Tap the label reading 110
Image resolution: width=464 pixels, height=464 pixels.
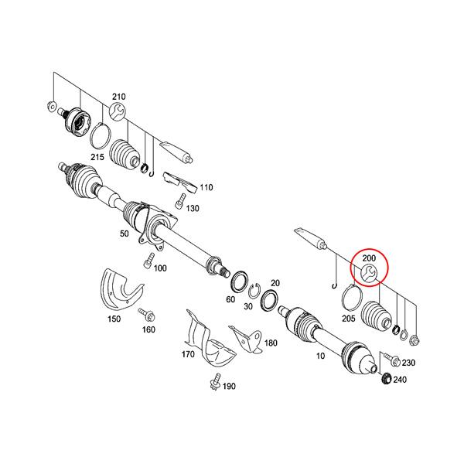pyautogui.click(x=206, y=188)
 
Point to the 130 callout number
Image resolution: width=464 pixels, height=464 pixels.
pyautogui.click(x=193, y=209)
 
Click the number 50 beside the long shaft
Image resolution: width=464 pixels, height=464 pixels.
pyautogui.click(x=123, y=234)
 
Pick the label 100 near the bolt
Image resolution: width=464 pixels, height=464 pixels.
pyautogui.click(x=160, y=268)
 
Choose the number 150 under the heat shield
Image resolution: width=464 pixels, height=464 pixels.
pyautogui.click(x=114, y=319)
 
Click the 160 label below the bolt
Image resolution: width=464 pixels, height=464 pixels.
pyautogui.click(x=148, y=329)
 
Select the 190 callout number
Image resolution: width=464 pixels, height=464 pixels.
pyautogui.click(x=229, y=386)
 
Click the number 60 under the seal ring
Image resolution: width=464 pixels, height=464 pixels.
pyautogui.click(x=230, y=299)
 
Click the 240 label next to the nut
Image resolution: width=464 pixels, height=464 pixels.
pyautogui.click(x=399, y=380)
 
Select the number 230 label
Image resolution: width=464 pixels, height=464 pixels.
pyautogui.click(x=408, y=363)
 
